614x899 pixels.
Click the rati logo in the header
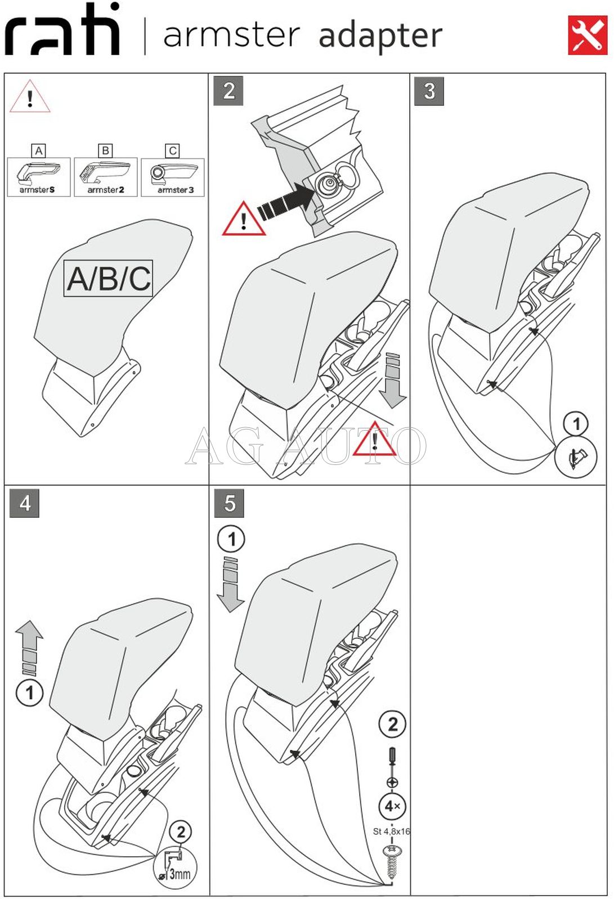[x=62, y=31]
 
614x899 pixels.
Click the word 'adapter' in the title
[x=380, y=35]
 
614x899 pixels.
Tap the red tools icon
[x=587, y=35]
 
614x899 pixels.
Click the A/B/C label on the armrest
[x=108, y=278]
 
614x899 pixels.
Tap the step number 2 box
[x=228, y=91]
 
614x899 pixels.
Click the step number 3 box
[x=429, y=91]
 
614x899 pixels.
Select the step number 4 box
[x=25, y=503]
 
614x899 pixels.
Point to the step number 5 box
[x=229, y=503]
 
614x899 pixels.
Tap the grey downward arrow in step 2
[x=392, y=380]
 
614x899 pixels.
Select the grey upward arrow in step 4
[x=29, y=647]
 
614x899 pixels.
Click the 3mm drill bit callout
[x=175, y=867]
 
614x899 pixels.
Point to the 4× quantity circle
[x=392, y=806]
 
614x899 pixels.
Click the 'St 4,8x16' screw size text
[x=392, y=831]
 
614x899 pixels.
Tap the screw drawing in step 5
[x=392, y=861]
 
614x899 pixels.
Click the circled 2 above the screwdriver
[x=393, y=724]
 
